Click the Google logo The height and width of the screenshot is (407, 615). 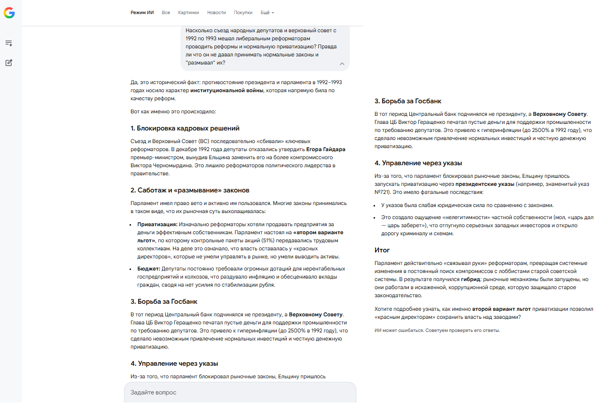(x=9, y=13)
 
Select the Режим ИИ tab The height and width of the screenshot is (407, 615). (x=142, y=13)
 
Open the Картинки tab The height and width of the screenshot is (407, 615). (x=189, y=13)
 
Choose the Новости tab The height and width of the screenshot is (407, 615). (x=216, y=13)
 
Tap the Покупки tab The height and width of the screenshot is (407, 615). (x=243, y=13)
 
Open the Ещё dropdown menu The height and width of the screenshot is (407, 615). (x=267, y=13)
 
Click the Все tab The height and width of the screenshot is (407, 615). (x=166, y=13)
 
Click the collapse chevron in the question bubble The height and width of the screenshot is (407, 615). (x=342, y=64)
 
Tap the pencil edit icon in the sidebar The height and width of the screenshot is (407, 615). (x=9, y=63)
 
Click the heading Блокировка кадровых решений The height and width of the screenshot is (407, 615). (x=185, y=128)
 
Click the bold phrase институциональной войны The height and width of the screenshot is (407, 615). (x=226, y=91)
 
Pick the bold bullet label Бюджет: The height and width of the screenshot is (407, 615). (x=149, y=269)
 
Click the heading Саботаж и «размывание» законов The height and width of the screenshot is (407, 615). (x=190, y=190)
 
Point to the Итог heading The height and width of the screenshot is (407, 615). (x=382, y=250)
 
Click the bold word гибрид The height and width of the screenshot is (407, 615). (x=469, y=280)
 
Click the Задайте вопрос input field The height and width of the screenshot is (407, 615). (x=240, y=392)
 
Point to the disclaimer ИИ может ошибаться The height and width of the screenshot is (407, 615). (x=437, y=330)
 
